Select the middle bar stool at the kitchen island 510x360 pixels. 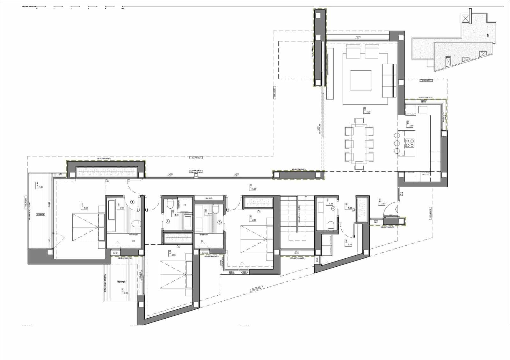tap(397, 143)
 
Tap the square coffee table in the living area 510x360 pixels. tap(361, 81)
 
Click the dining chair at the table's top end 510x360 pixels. tap(359, 121)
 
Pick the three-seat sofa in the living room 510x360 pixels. tap(389, 81)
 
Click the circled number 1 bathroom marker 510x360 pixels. tap(133, 202)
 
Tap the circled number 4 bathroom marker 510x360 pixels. tap(333, 209)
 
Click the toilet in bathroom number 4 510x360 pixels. tap(330, 226)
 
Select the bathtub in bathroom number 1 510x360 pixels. tap(112, 209)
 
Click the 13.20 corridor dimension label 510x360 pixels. tap(254, 189)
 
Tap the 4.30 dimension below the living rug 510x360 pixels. tap(368, 112)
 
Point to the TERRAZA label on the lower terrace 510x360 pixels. tap(121, 282)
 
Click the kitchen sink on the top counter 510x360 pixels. tap(423, 110)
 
